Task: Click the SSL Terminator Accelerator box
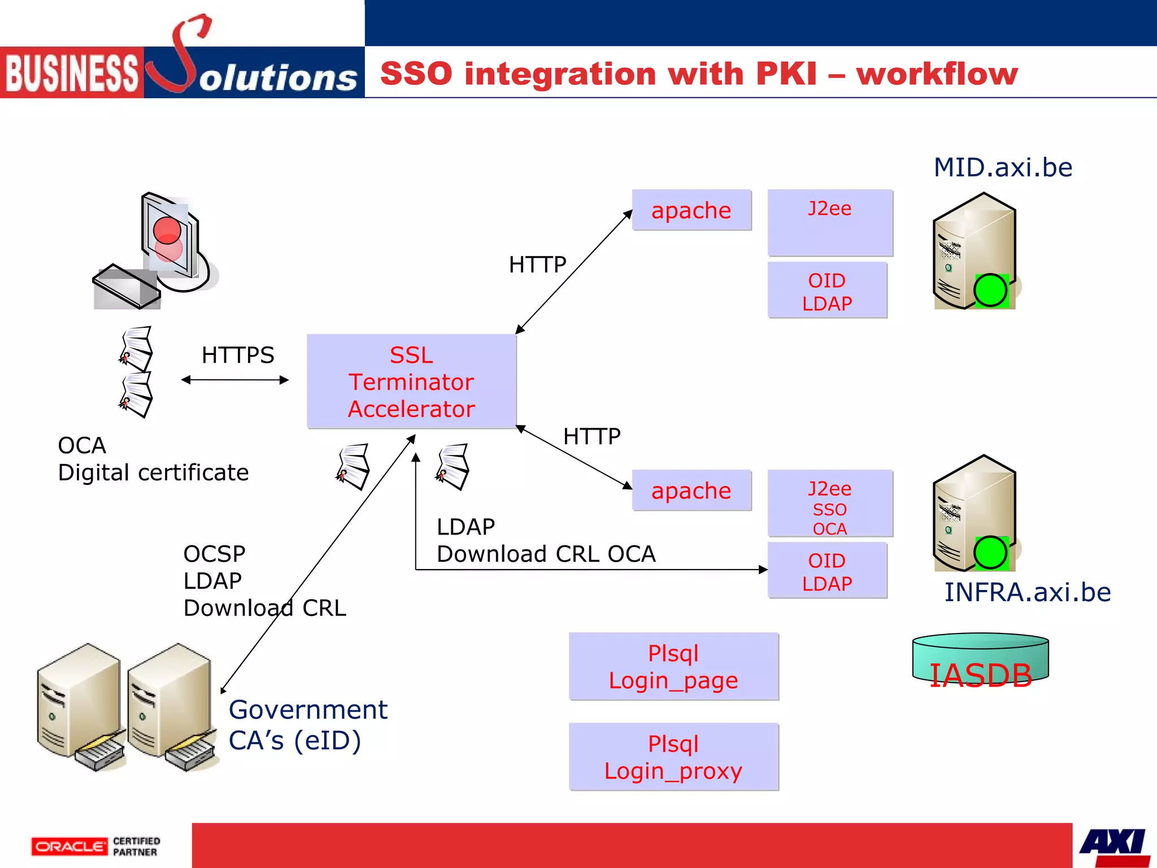(x=411, y=381)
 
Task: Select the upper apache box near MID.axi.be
(x=691, y=210)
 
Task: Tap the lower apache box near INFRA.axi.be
(x=691, y=491)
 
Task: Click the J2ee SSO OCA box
(x=829, y=504)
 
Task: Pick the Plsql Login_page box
(x=673, y=667)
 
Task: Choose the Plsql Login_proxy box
(x=673, y=757)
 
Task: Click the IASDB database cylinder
(x=980, y=661)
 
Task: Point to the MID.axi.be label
(x=1003, y=167)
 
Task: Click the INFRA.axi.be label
(x=1027, y=592)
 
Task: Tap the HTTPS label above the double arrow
(x=238, y=355)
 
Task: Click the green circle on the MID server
(x=990, y=290)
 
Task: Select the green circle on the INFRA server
(x=990, y=552)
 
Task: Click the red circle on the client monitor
(x=167, y=231)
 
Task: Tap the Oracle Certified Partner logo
(x=96, y=846)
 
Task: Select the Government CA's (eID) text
(x=308, y=724)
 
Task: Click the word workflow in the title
(x=937, y=74)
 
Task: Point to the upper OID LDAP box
(x=827, y=292)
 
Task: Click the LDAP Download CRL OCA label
(x=546, y=540)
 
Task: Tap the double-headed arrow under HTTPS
(x=235, y=380)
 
